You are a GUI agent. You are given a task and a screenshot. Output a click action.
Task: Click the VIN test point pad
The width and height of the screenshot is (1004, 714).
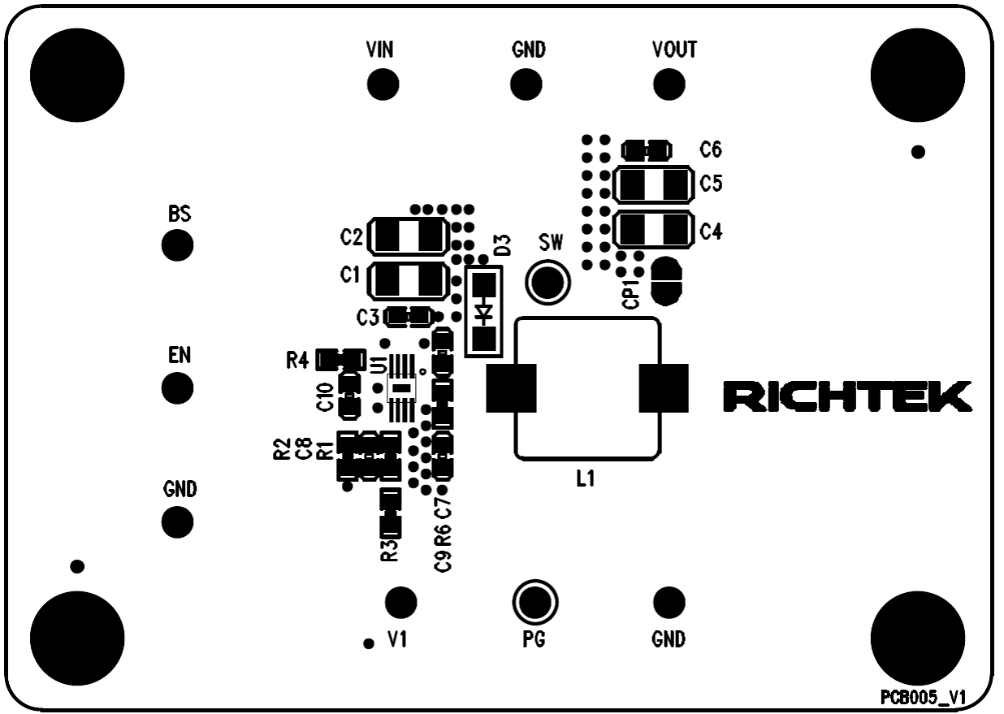click(x=382, y=83)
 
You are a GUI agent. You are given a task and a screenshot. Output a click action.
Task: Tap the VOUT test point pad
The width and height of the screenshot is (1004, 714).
click(x=669, y=83)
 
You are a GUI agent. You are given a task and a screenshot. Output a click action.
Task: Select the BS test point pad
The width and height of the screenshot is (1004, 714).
click(x=177, y=245)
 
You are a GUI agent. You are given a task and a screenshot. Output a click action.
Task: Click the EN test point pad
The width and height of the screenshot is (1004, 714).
click(x=177, y=387)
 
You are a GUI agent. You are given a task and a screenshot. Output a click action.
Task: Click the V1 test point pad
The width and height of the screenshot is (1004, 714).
click(x=400, y=602)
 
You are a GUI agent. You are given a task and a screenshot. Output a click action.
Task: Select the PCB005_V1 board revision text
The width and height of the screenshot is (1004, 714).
click(x=924, y=698)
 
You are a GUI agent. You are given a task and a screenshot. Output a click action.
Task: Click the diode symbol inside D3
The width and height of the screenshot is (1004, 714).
click(x=485, y=311)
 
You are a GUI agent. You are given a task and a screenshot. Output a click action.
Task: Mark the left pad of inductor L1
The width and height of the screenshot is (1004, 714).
click(x=511, y=388)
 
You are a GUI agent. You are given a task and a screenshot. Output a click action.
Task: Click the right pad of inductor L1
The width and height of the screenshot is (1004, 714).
click(x=664, y=388)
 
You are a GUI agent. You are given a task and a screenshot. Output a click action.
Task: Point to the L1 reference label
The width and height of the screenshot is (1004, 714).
click(x=585, y=480)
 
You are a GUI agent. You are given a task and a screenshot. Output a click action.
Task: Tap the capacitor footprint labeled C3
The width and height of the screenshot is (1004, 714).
click(x=409, y=315)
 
